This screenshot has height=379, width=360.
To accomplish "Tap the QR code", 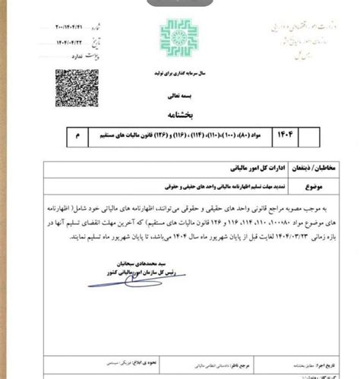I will coord(74,88).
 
